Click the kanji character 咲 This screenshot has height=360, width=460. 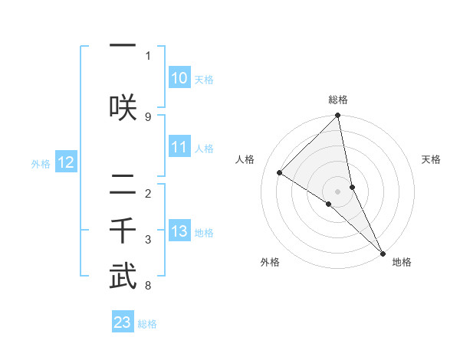[x=123, y=107]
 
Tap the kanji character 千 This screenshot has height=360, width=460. [x=123, y=231]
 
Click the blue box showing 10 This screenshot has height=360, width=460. [x=179, y=78]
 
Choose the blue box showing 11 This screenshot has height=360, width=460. [x=179, y=148]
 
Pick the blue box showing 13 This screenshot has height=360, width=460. [x=179, y=232]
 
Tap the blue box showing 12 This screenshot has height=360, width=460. [x=65, y=162]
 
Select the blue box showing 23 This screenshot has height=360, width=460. [x=122, y=322]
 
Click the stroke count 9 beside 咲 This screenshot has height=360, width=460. [x=148, y=116]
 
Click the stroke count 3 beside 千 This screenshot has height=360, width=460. [x=148, y=240]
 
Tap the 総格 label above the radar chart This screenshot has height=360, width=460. [x=338, y=100]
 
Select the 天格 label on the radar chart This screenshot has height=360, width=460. [x=432, y=159]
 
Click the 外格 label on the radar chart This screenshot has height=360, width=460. [x=270, y=262]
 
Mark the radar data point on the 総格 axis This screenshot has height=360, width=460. [x=338, y=116]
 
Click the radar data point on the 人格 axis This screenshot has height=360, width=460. [x=280, y=172]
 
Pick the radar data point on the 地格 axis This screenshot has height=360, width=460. [x=383, y=252]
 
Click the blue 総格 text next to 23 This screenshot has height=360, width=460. [x=147, y=324]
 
